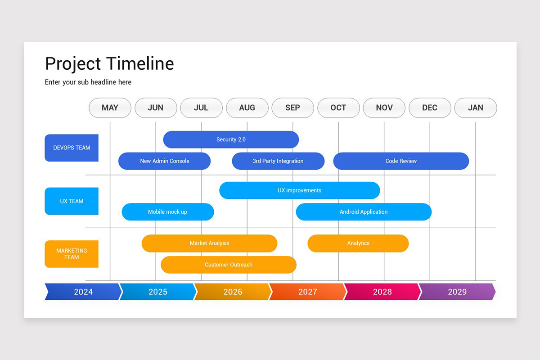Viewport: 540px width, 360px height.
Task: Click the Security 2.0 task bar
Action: [x=231, y=139]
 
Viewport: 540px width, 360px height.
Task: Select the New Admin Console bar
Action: [x=164, y=161]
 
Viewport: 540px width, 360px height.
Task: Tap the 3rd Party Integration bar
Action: [x=278, y=161]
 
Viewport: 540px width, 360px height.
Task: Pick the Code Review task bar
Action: [x=401, y=161]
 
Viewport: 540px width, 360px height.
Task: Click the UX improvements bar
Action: [x=299, y=190]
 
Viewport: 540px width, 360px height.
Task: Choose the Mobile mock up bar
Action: [x=167, y=212]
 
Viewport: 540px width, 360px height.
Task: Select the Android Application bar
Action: [x=364, y=212]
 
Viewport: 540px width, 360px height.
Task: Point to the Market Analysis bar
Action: [x=209, y=243]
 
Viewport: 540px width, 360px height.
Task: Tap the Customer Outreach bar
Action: [x=229, y=265]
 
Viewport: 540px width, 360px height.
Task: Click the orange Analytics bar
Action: [x=358, y=243]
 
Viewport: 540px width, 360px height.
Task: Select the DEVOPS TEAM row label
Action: [x=72, y=148]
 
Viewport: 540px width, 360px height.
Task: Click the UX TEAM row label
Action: [x=72, y=201]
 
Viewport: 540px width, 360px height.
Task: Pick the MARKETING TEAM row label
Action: [x=72, y=254]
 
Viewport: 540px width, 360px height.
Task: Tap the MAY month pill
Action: [x=110, y=108]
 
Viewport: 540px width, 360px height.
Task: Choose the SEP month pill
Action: [x=292, y=108]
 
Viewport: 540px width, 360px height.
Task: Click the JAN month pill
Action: [x=476, y=108]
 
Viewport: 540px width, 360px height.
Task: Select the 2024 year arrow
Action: [x=83, y=292]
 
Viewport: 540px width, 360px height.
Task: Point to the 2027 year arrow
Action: [x=307, y=292]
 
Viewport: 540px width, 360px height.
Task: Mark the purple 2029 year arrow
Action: [x=457, y=292]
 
